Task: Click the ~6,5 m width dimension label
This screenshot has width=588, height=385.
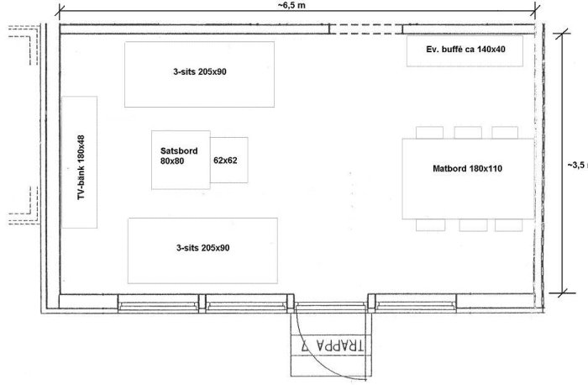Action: coord(291,5)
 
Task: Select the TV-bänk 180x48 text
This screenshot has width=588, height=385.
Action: coord(81,167)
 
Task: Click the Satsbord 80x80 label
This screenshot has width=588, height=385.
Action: coord(179,156)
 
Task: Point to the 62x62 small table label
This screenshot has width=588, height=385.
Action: coord(225,161)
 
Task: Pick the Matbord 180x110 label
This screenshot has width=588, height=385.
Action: coord(467,168)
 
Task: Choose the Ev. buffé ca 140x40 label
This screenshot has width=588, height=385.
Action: coord(465,49)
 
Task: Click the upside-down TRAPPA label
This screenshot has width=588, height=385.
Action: coord(333,345)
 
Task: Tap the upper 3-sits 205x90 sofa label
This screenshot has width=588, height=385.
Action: coord(200,71)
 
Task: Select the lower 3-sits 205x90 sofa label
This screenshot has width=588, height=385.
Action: coord(203,248)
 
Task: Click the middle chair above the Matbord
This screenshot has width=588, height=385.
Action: coord(468,133)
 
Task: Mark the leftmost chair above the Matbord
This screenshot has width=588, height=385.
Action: coord(429,133)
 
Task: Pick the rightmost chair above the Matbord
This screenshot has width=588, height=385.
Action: coord(505,133)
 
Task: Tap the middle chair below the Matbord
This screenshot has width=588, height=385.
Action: coord(473,225)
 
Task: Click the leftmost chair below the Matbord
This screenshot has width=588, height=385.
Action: coord(430,225)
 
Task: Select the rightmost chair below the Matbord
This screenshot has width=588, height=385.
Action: coord(508,225)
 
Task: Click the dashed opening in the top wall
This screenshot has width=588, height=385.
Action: coord(365,29)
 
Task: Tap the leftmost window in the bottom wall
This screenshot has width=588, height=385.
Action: coord(158,303)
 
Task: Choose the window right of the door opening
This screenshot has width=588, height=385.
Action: coord(416,303)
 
